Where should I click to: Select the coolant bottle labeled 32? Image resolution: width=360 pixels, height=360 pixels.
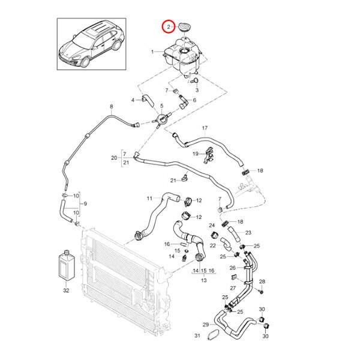[x=65, y=265]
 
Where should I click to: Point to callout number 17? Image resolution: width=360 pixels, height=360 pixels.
[x=204, y=128]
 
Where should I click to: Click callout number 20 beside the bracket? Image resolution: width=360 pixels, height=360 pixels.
[x=114, y=158]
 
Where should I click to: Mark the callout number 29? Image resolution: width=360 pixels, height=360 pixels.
[x=205, y=325]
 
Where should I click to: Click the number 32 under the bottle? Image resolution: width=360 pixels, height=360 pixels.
[x=65, y=290]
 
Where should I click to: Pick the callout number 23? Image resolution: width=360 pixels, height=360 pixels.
[x=248, y=232]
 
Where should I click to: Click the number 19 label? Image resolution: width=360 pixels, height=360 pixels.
[x=195, y=154]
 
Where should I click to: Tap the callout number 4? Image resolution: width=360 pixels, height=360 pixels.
[x=133, y=99]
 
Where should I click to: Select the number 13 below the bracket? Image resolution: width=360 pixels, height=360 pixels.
[x=203, y=280]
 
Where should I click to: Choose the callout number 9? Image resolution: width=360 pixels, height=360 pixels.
[x=85, y=204]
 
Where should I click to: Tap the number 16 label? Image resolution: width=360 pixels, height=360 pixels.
[x=167, y=244]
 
